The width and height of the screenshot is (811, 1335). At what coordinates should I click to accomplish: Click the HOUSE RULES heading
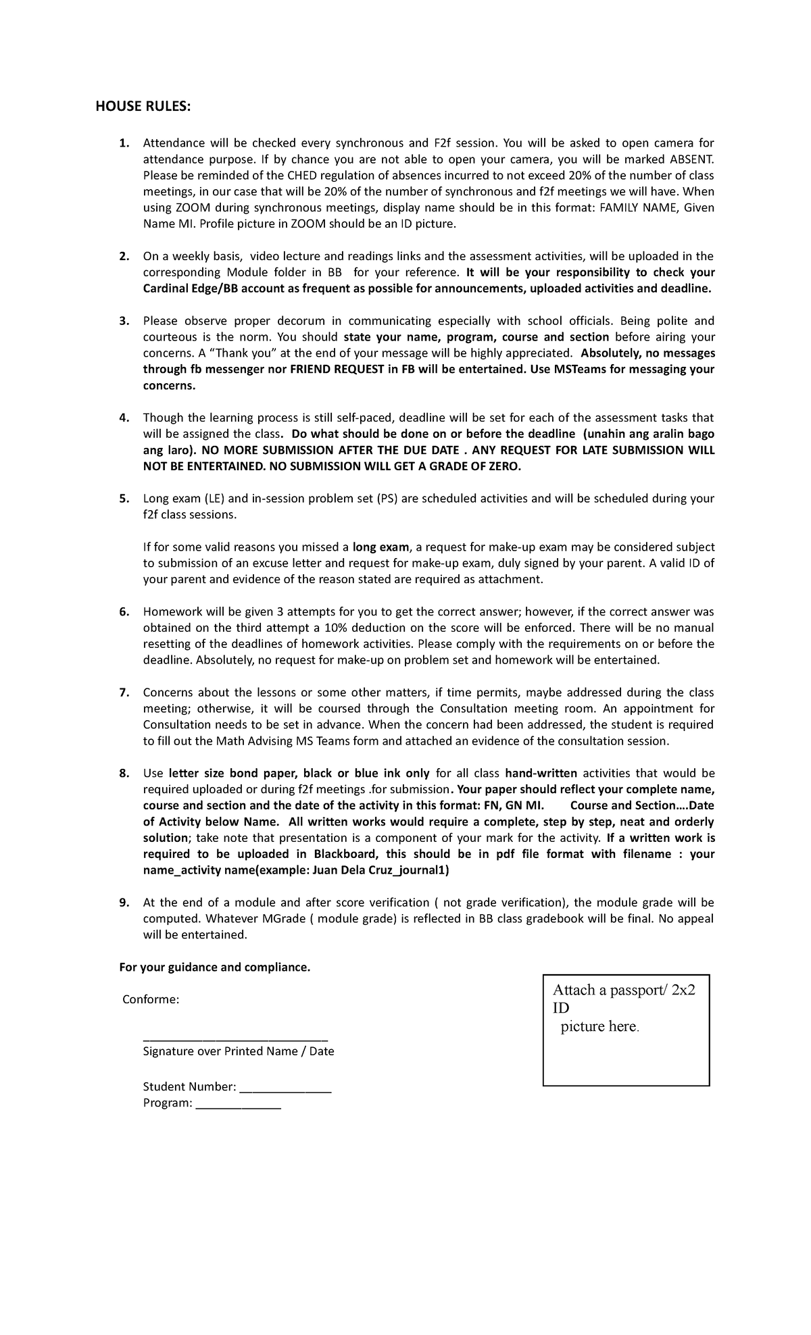coord(143,107)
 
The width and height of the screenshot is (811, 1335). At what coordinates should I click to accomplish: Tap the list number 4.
coord(124,418)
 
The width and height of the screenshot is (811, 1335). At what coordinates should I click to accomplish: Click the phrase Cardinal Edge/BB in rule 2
coord(186,289)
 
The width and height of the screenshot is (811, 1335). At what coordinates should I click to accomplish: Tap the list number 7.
coord(124,692)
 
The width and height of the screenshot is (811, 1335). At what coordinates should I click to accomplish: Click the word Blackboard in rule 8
coord(345,854)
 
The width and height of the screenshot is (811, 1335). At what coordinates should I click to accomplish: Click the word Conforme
coord(151,999)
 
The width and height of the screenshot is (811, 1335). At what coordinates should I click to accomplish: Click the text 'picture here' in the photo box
coord(599,1027)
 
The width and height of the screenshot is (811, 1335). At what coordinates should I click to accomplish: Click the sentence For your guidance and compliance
coord(215,967)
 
